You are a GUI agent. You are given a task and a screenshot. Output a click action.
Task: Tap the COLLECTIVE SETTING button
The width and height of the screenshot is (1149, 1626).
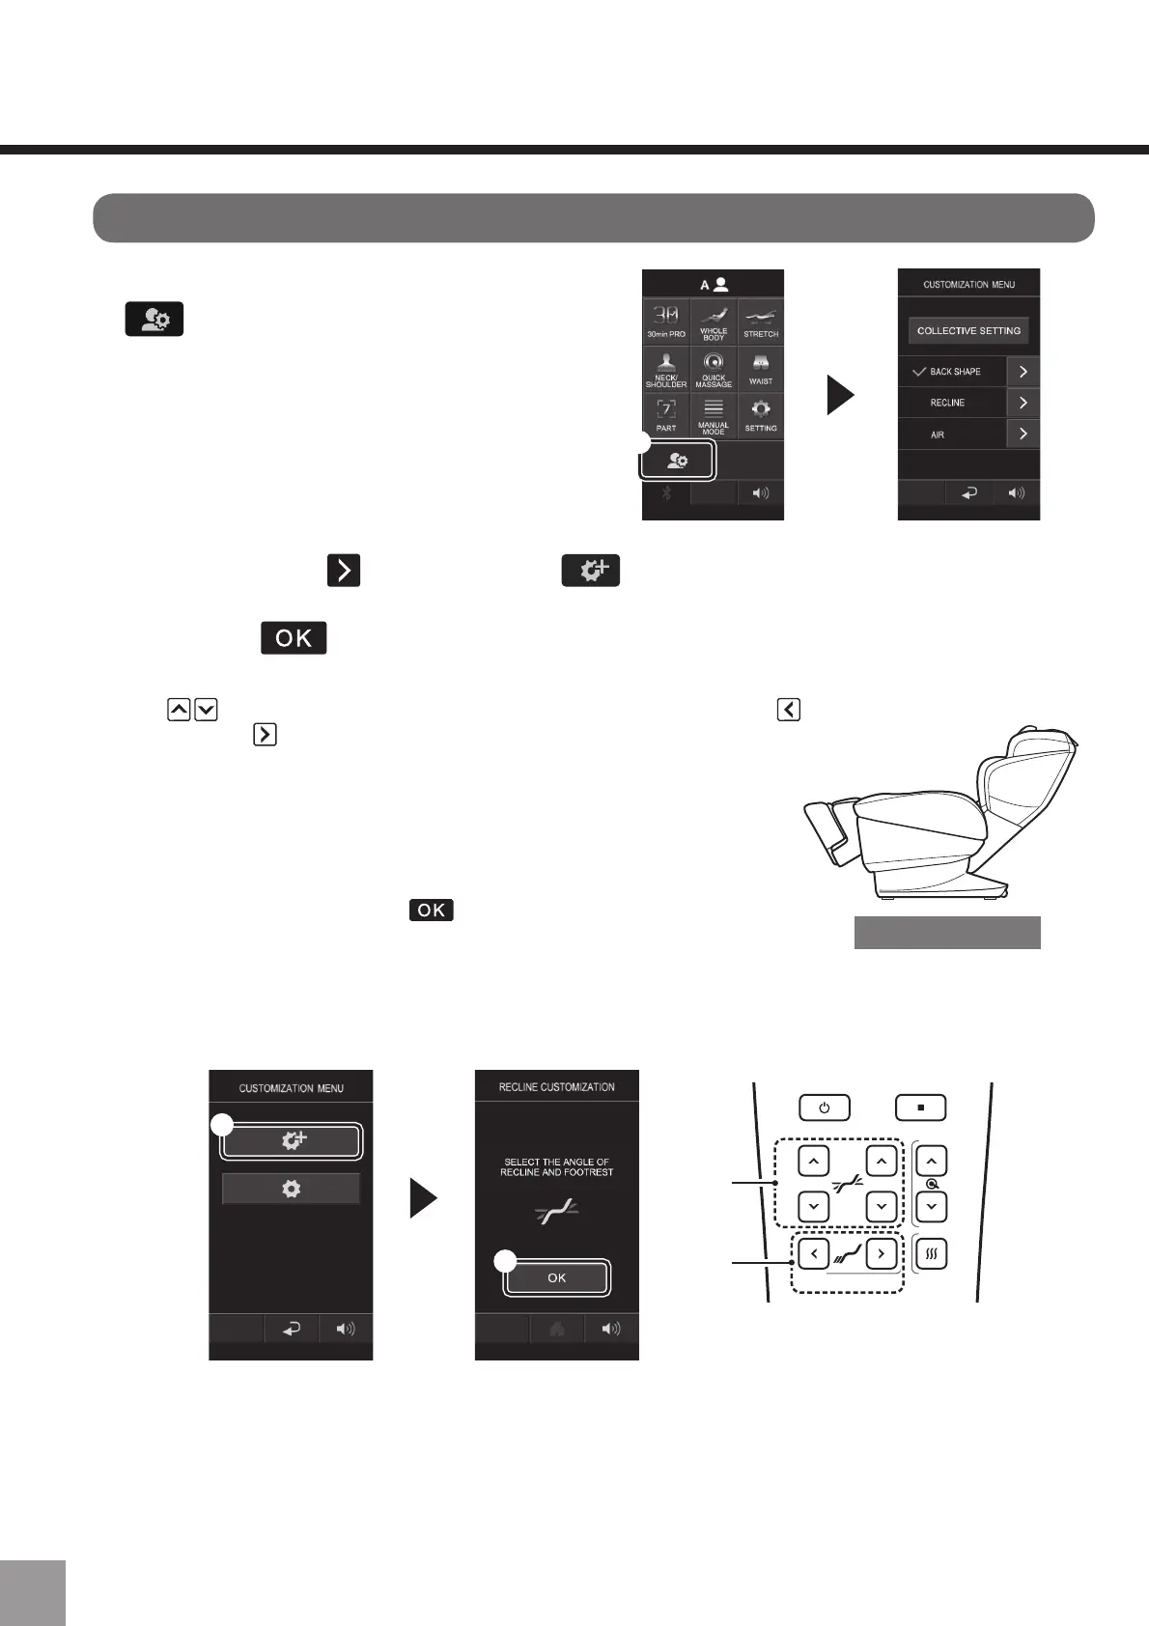(968, 330)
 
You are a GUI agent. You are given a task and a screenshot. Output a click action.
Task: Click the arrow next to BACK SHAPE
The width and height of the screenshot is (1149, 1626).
(1023, 372)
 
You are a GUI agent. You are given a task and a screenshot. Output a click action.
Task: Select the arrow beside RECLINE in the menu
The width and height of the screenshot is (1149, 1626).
(1023, 403)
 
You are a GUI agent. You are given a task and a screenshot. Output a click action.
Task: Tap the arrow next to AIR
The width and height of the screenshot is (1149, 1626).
(1023, 434)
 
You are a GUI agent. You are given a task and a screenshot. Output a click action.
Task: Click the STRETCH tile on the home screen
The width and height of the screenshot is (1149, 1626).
(761, 322)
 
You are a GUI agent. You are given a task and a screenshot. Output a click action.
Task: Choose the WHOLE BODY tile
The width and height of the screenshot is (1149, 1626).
(714, 322)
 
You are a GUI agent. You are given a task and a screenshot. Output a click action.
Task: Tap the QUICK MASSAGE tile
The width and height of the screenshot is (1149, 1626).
(714, 369)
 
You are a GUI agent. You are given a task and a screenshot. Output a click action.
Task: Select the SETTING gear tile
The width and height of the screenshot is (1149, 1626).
(761, 415)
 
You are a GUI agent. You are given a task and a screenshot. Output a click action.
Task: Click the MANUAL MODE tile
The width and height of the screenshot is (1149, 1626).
(714, 415)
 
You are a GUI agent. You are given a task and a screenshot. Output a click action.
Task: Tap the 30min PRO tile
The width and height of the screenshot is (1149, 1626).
(666, 322)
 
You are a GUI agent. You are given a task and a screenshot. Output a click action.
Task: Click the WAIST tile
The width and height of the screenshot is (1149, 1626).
(761, 369)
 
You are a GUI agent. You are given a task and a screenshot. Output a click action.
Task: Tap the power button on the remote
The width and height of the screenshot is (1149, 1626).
(824, 1107)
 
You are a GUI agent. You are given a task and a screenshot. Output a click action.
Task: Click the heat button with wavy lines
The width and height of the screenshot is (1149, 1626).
(931, 1253)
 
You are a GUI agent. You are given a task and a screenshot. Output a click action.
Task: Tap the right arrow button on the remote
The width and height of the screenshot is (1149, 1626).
(881, 1253)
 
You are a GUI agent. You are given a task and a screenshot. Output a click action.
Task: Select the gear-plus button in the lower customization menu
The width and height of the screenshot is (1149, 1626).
(292, 1140)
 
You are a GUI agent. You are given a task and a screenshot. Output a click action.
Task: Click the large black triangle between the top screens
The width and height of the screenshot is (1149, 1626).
(841, 395)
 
